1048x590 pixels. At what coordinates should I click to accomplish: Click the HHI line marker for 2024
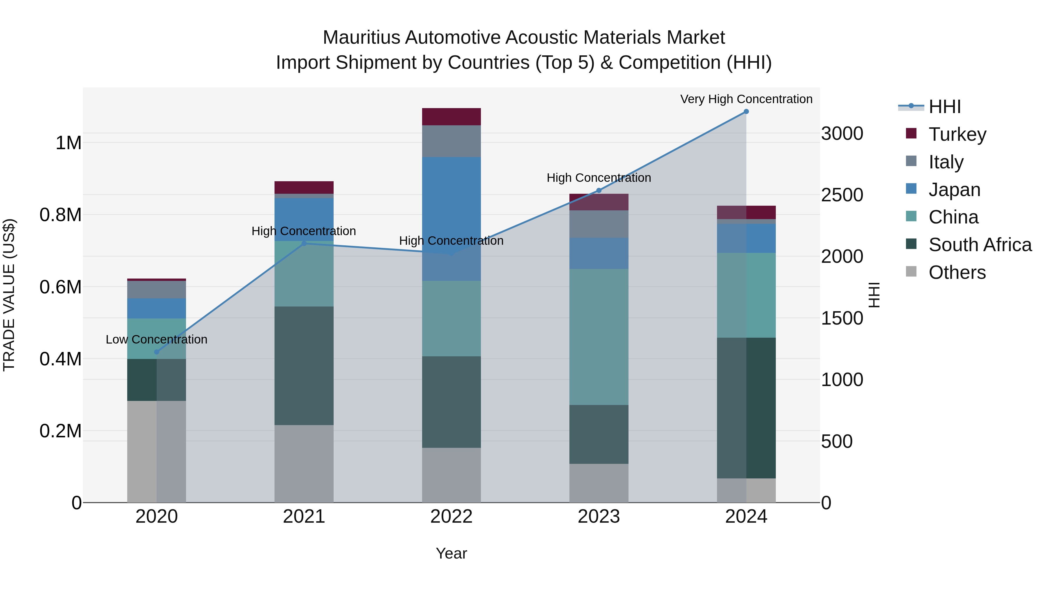click(x=746, y=112)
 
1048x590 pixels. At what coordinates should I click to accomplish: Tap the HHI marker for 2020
click(x=157, y=352)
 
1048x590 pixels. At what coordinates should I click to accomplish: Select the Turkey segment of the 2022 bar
click(x=451, y=117)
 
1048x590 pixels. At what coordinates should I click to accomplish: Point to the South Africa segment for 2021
click(x=304, y=365)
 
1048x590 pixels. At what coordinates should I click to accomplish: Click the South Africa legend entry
click(x=980, y=245)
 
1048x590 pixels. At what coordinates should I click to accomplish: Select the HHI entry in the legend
click(x=944, y=107)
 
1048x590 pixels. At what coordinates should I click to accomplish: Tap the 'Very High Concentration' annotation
click(x=746, y=99)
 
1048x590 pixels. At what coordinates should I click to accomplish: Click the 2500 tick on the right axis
click(x=842, y=195)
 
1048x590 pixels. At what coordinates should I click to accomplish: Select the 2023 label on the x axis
click(x=599, y=517)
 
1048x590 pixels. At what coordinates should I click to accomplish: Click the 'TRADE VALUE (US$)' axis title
click(x=9, y=295)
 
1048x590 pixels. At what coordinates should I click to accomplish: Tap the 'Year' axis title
click(x=451, y=553)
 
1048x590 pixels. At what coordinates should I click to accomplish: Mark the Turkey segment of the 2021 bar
click(x=304, y=187)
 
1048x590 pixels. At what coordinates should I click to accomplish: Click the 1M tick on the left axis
click(x=68, y=143)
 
